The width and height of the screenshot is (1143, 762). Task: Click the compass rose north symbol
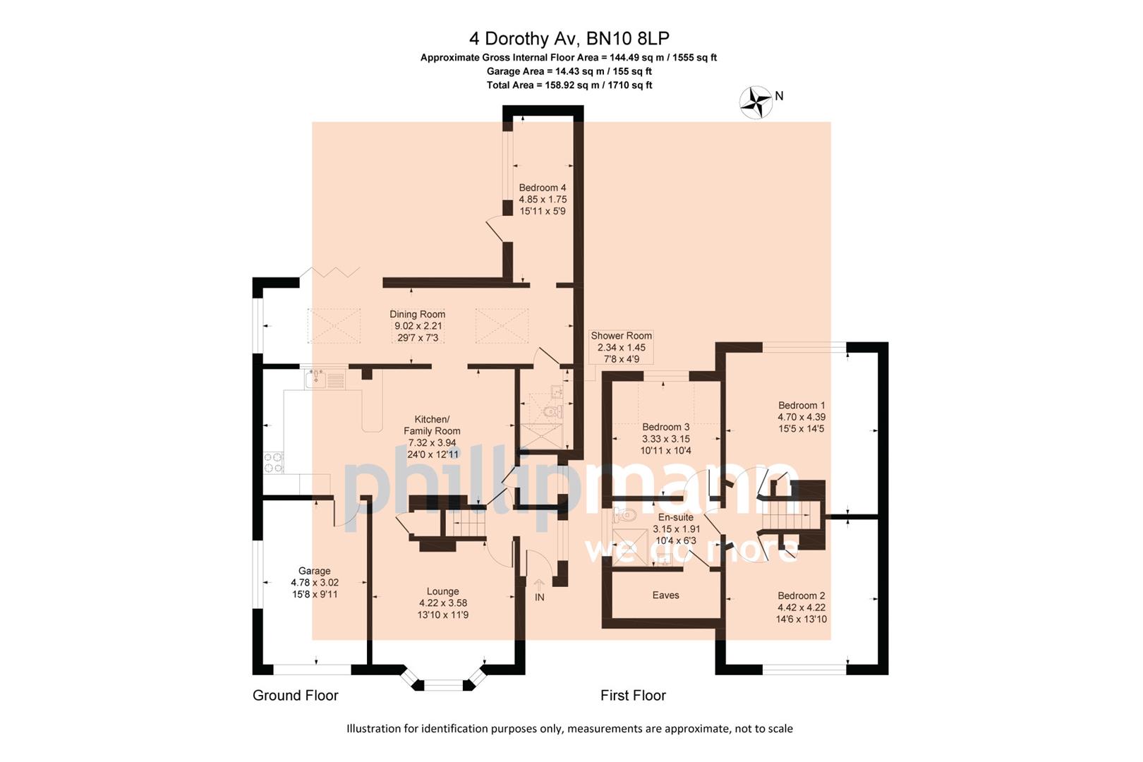(x=756, y=102)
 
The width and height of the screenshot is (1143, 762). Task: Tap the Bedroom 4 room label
(x=543, y=188)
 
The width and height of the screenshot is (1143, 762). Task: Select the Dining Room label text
(x=417, y=315)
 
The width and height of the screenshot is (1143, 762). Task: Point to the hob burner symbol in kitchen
(x=274, y=462)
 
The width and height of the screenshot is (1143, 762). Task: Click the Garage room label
(x=314, y=571)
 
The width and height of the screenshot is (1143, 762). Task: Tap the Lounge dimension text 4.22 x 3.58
(x=443, y=603)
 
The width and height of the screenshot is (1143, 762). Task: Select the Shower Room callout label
(x=621, y=336)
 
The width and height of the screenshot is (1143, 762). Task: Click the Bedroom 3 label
(x=665, y=427)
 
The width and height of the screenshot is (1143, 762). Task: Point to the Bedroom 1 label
(x=802, y=406)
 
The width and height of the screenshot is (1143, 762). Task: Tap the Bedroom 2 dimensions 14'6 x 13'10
(x=802, y=619)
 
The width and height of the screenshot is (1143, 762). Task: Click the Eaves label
(x=665, y=595)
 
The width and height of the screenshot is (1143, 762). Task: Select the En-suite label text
(x=676, y=517)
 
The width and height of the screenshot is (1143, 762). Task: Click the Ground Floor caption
(x=296, y=696)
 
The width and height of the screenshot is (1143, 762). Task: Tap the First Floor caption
(x=633, y=696)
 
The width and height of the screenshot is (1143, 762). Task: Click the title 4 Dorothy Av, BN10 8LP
(x=569, y=37)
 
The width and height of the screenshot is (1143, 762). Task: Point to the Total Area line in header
(x=569, y=85)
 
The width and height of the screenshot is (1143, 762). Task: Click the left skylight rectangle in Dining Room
(x=334, y=326)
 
